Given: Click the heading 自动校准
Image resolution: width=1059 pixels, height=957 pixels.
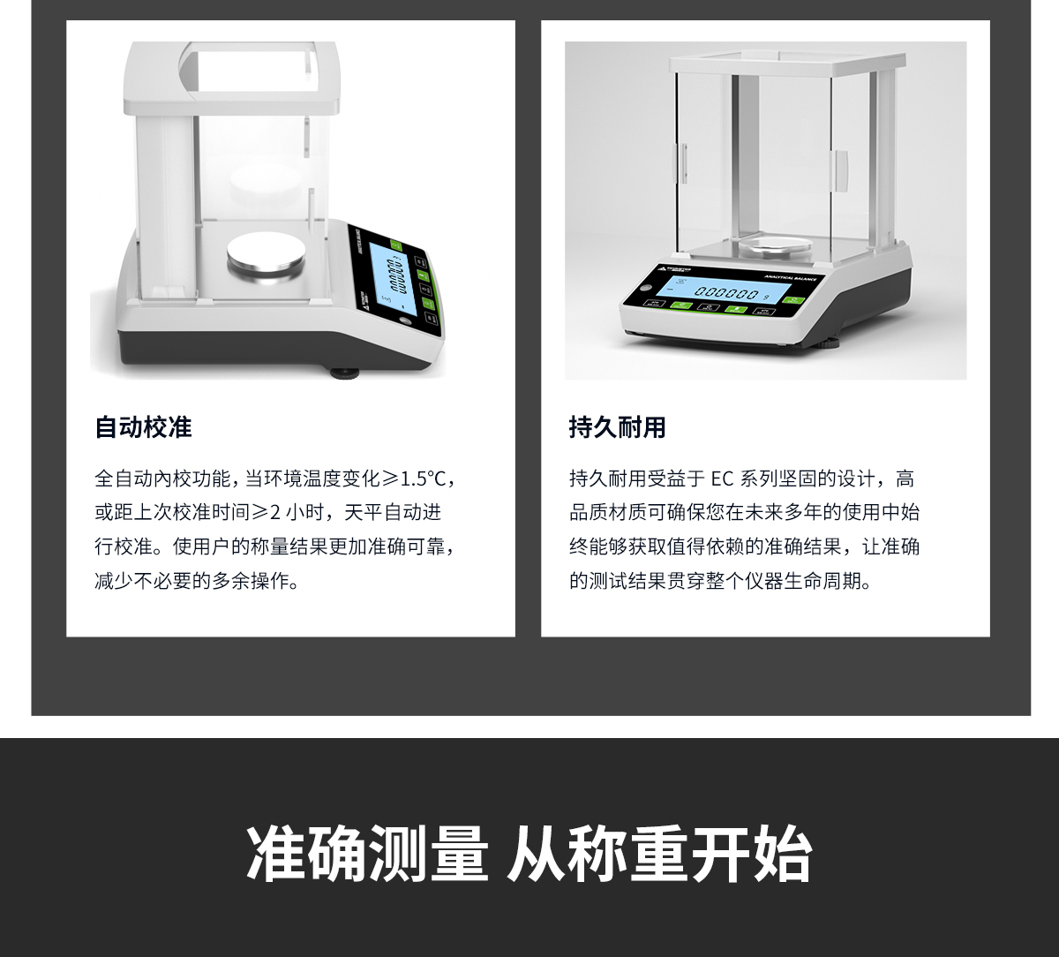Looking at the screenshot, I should click(143, 428).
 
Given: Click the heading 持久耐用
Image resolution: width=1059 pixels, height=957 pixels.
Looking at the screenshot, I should click(617, 428).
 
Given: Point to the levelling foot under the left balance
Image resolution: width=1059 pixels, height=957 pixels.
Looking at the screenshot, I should click(344, 373).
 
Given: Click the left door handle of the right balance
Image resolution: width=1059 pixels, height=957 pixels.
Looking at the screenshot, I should click(682, 164).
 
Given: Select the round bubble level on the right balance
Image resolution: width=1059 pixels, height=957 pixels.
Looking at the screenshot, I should click(642, 288).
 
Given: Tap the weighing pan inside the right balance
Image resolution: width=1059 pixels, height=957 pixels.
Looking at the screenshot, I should click(775, 245).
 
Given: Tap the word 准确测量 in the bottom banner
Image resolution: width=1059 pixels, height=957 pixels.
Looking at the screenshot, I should click(366, 854).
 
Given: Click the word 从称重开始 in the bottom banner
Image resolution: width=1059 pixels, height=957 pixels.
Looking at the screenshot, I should click(658, 854).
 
